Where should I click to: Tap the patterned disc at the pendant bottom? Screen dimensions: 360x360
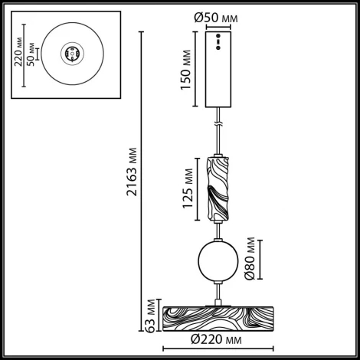219,316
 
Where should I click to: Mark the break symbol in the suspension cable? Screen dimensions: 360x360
219,123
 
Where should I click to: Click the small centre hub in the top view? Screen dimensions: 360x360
72,54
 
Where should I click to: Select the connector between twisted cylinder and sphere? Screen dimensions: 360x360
219,230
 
